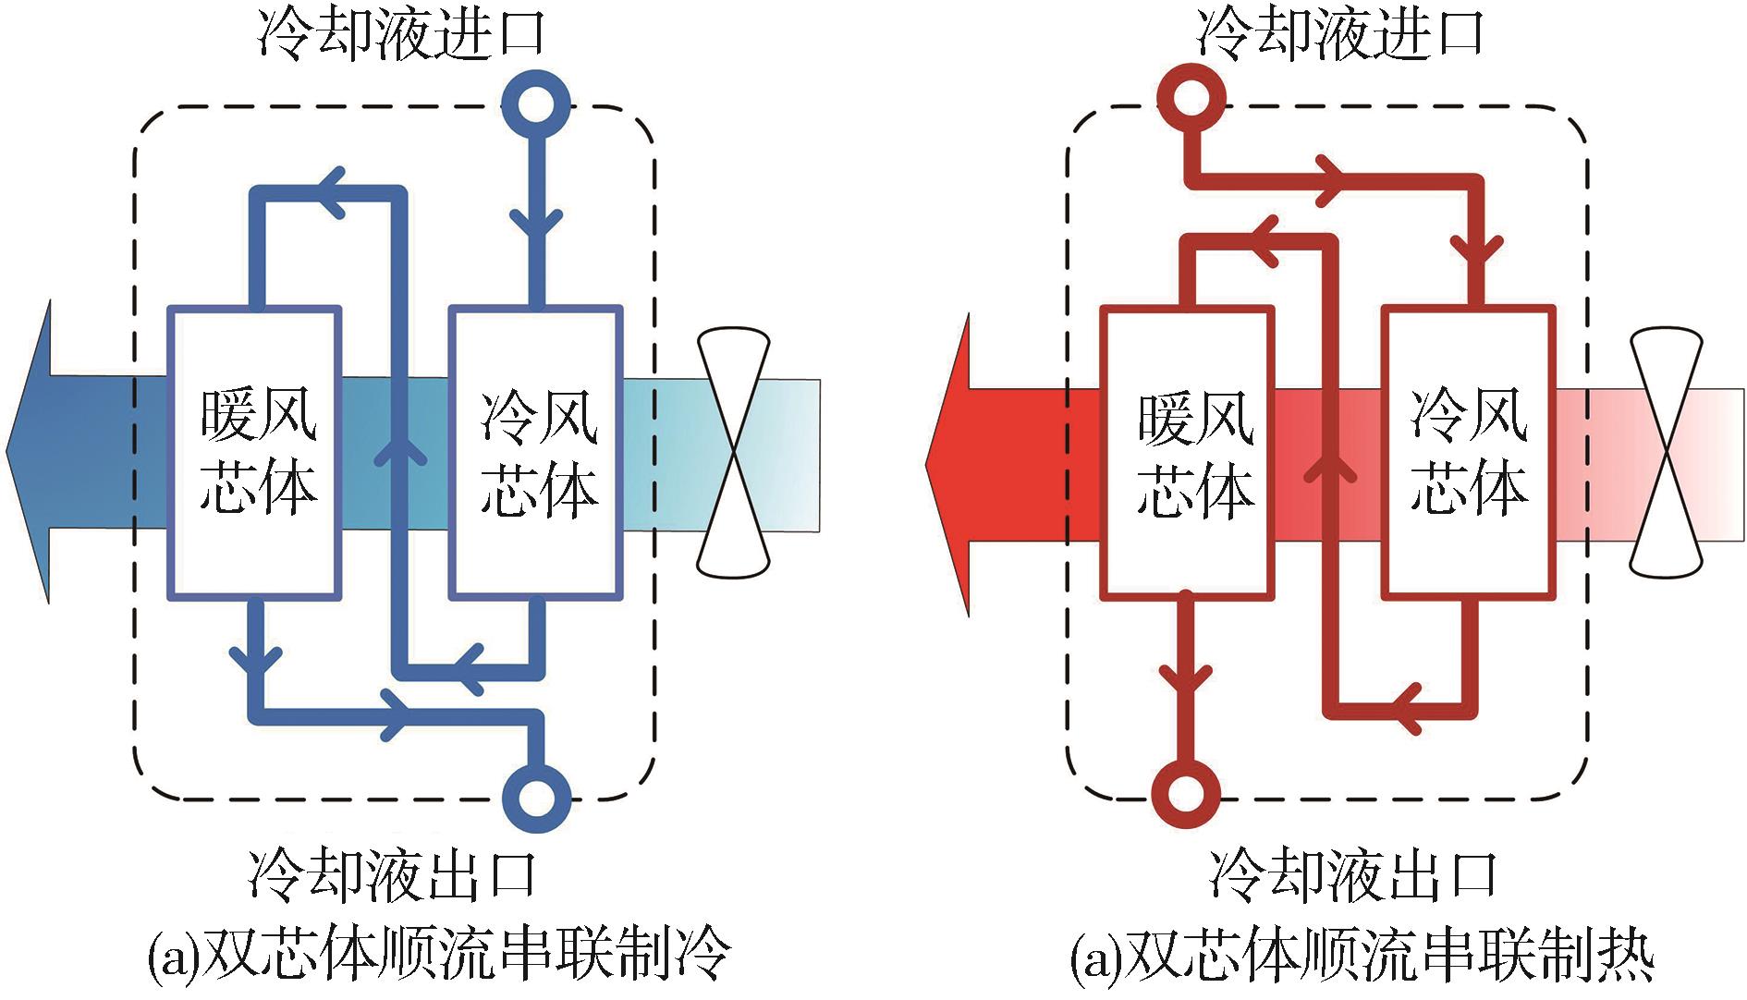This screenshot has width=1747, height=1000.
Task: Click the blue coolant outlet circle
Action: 536,797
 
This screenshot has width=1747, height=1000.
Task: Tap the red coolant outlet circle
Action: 1187,793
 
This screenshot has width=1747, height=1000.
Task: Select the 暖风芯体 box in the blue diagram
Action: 255,453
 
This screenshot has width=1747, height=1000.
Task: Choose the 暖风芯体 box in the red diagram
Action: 1188,453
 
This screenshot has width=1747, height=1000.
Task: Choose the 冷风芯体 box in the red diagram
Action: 1469,453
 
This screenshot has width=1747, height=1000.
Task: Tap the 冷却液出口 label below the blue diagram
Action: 394,873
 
